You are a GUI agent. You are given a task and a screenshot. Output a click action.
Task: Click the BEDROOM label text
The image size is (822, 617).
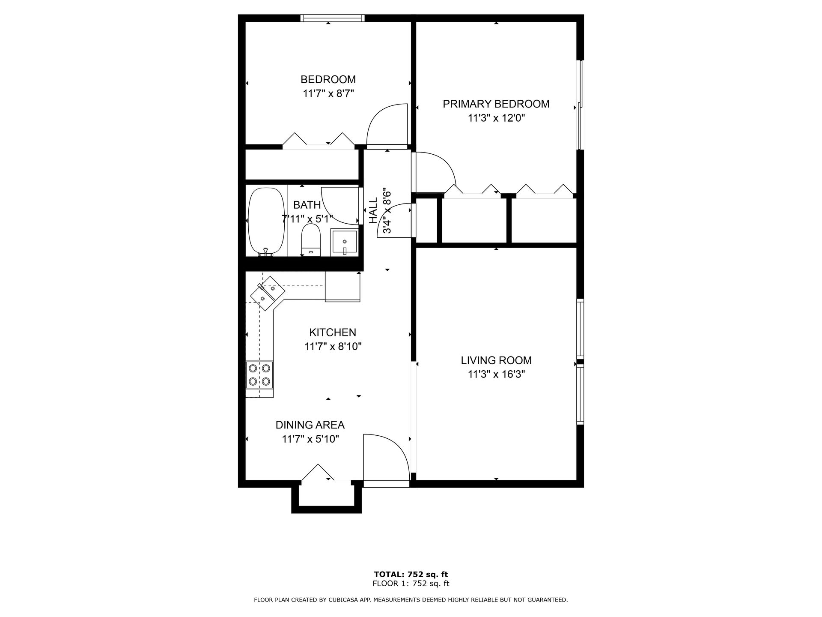point(328,80)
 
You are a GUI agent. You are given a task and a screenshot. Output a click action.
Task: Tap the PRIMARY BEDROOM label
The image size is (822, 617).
point(496,104)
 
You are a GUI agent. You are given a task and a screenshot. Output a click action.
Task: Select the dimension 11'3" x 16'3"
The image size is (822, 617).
point(496,374)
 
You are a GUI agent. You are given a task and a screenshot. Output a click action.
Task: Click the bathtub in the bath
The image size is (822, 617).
point(266,221)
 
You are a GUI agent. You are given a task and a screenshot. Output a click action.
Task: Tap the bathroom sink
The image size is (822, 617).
point(344,242)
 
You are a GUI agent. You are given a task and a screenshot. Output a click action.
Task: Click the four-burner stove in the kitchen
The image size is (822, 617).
point(259,374)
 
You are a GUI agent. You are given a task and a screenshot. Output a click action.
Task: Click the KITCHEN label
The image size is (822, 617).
point(333,332)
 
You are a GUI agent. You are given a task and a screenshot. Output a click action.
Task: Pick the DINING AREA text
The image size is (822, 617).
point(310,425)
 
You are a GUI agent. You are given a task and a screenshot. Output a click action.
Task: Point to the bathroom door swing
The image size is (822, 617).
point(340,206)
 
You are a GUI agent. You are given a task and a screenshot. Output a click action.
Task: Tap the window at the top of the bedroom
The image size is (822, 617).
point(332,18)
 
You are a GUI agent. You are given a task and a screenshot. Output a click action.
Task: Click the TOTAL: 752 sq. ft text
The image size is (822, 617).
point(411,575)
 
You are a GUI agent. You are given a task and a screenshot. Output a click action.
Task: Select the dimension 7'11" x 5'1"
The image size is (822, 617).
point(307,219)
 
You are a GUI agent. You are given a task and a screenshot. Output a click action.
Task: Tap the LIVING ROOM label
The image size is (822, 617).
point(496,361)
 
